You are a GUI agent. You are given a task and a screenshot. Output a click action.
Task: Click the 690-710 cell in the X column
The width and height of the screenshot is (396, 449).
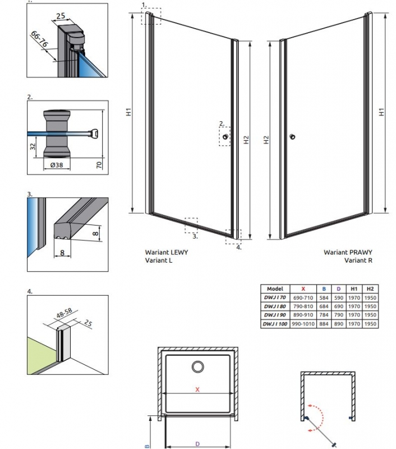[303, 297]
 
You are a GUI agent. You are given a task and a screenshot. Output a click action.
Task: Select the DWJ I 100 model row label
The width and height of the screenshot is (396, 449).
[275, 324]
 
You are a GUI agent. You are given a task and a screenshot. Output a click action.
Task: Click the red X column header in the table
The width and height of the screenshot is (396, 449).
[303, 288]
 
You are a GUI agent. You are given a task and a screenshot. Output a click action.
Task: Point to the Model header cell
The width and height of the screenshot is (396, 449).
[275, 288]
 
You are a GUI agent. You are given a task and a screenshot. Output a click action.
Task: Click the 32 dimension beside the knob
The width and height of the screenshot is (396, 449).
[33, 147]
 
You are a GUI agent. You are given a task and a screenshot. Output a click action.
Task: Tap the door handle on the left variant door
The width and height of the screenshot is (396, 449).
[225, 137]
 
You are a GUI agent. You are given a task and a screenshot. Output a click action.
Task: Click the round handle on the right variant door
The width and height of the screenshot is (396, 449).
[292, 137]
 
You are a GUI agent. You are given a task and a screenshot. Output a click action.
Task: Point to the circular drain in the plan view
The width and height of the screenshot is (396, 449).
[199, 367]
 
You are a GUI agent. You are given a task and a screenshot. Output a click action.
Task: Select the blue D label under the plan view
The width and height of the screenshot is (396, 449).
[197, 444]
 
